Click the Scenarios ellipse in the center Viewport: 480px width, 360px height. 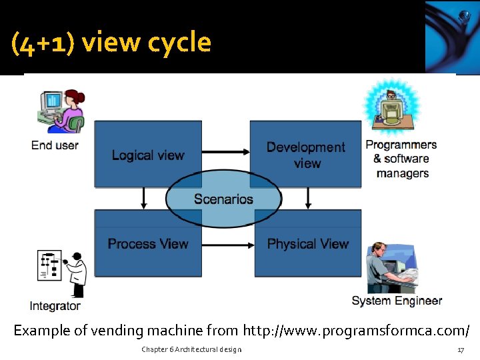(x=223, y=199)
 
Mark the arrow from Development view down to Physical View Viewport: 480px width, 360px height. (x=307, y=198)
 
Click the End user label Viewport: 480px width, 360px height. (x=55, y=145)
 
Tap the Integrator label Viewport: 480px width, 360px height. (x=55, y=306)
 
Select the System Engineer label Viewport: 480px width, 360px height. (x=397, y=301)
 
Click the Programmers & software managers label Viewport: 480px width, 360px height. (x=401, y=159)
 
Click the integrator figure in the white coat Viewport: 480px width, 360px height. (x=77, y=273)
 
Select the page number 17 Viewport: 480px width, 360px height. (x=460, y=350)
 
